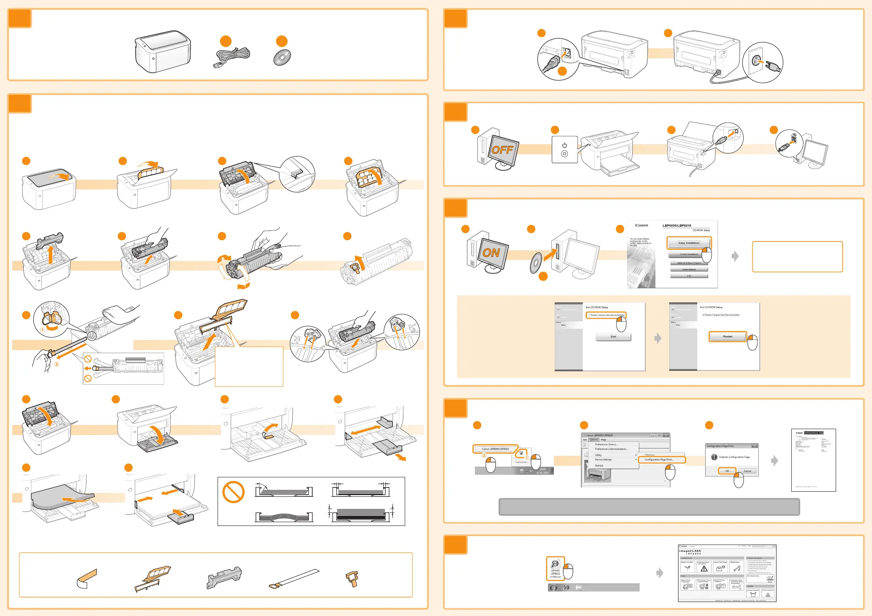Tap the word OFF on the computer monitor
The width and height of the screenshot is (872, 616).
[502, 150]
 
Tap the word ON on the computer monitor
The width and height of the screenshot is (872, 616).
[491, 253]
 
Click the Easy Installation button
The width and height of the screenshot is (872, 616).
[689, 243]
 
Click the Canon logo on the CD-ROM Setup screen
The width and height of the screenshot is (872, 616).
[641, 225]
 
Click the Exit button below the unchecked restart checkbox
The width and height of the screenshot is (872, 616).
[613, 337]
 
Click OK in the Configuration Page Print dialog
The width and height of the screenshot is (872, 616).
[727, 471]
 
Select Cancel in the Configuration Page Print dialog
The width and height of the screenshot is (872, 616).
[747, 471]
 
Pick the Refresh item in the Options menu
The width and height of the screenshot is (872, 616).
[599, 465]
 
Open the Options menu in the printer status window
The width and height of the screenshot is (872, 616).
[594, 440]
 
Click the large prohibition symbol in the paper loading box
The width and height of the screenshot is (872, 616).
[233, 492]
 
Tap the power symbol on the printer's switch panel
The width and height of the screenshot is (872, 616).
[564, 145]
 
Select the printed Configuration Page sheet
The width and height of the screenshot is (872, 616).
[813, 460]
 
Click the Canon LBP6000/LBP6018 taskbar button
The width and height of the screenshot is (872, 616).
[495, 449]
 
